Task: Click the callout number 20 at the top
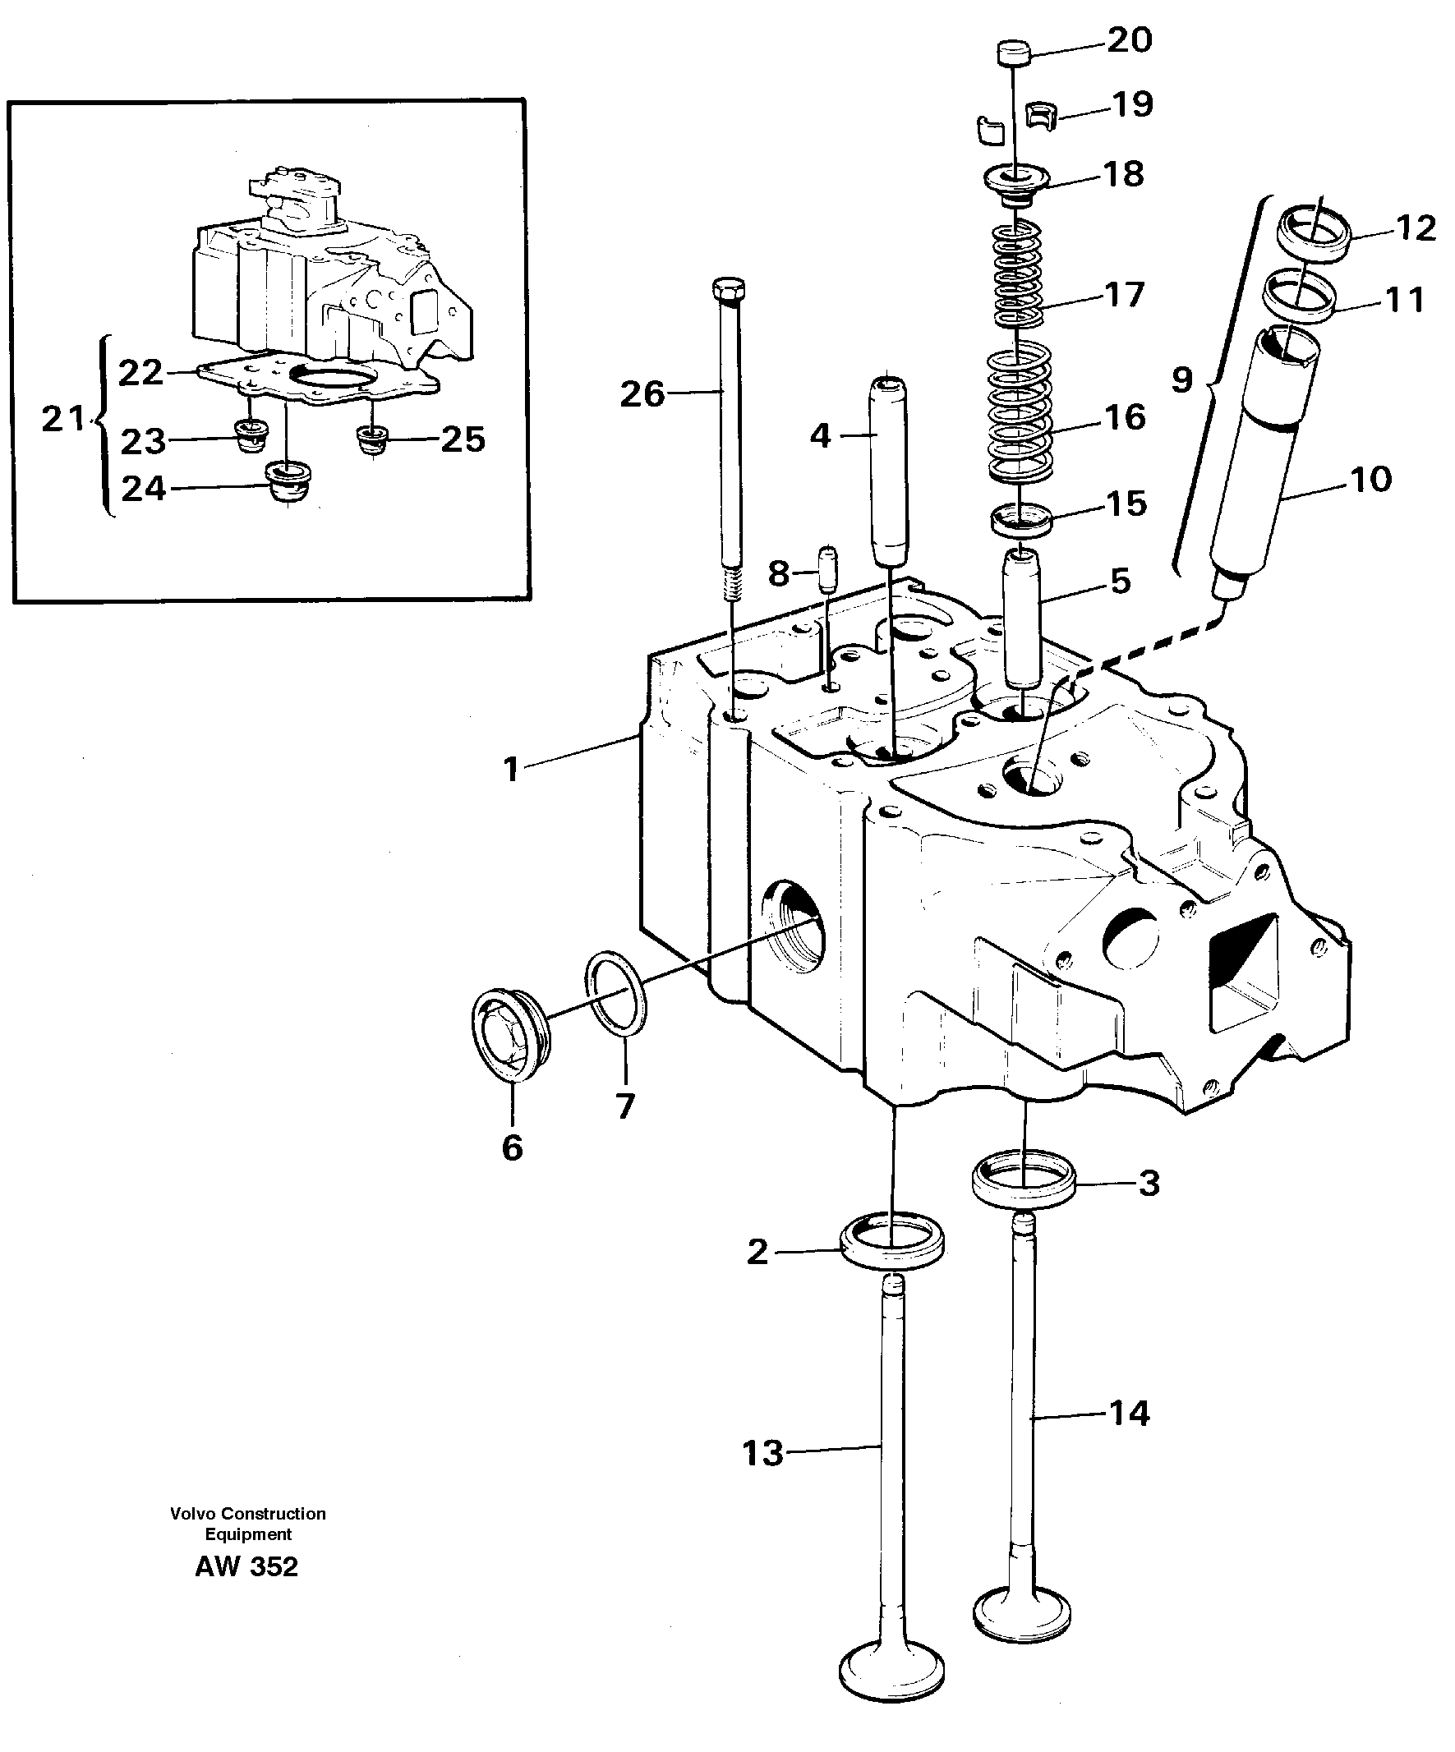[1129, 40]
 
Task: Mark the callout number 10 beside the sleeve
[1370, 479]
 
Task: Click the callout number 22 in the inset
[140, 373]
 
